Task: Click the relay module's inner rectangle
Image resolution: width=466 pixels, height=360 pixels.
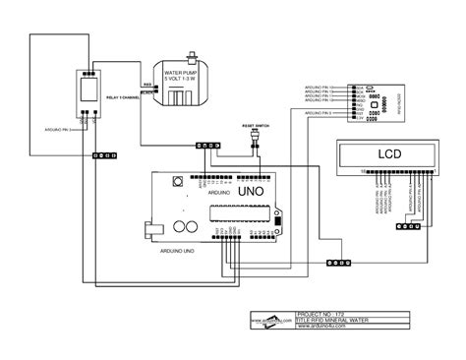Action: pyautogui.click(x=87, y=88)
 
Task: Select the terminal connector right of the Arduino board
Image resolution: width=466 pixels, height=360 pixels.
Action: pyautogui.click(x=339, y=263)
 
